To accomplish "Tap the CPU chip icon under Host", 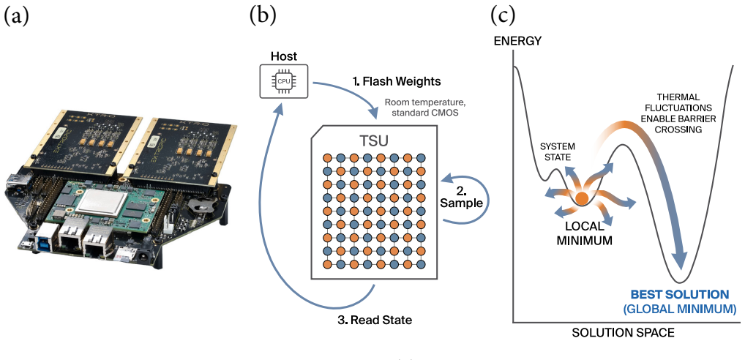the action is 284,81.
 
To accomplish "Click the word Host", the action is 284,56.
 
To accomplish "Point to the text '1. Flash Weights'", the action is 397,82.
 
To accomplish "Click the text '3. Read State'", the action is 375,320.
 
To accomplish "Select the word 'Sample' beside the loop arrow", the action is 461,203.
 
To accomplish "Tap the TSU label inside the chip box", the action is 372,140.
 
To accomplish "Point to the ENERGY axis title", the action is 517,41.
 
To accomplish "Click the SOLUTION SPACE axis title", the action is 623,333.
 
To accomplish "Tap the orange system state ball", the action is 581,198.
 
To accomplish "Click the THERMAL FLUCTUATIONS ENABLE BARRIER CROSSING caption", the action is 675,113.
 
